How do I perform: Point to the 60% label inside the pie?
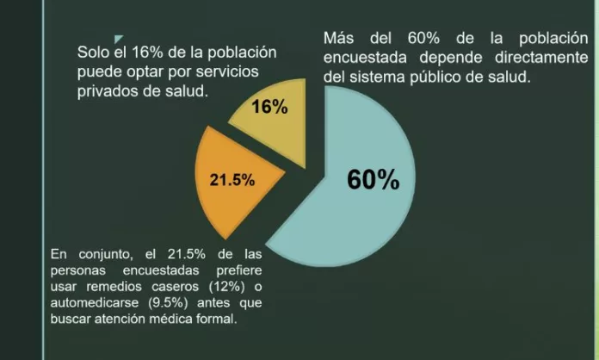point(373,179)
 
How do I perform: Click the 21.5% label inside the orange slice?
point(232,181)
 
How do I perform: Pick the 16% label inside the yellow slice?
point(270,108)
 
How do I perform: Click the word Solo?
point(94,53)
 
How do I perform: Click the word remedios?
point(113,286)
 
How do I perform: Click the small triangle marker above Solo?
point(118,37)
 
